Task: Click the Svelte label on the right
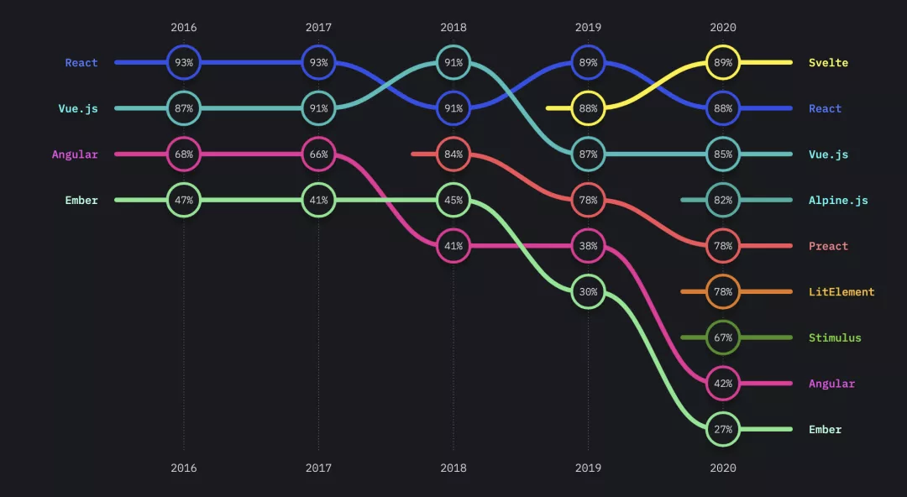[828, 63]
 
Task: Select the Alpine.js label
[838, 201]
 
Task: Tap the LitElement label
[841, 292]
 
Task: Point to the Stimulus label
[835, 338]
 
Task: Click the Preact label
[828, 247]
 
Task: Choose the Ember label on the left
[81, 201]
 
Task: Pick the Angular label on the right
[831, 384]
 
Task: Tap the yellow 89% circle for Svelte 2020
[723, 63]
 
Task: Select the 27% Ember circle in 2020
[723, 430]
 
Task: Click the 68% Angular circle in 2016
[184, 154]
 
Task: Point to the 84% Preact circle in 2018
[453, 154]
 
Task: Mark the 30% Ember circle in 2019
[588, 292]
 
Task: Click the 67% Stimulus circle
[723, 338]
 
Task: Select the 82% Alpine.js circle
[723, 201]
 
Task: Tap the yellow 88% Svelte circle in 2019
[588, 108]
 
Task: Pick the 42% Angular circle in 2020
[723, 384]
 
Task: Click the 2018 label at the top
[453, 28]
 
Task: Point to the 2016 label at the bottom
[184, 468]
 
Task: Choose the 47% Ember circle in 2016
[184, 201]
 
